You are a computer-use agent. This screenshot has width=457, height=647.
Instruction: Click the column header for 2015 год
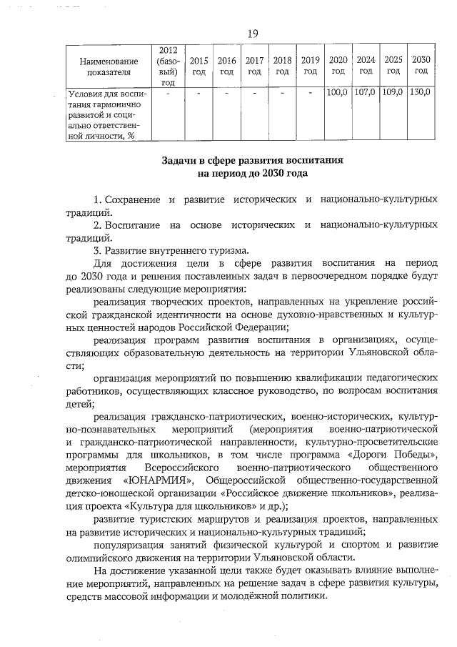click(199, 66)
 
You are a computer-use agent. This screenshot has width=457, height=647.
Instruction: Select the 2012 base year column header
click(168, 66)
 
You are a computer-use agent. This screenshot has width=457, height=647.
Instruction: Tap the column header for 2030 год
click(421, 66)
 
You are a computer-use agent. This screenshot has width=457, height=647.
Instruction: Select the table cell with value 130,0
click(421, 93)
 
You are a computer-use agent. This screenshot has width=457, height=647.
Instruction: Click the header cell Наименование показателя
click(109, 66)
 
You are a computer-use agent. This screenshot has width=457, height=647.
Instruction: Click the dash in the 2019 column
click(310, 93)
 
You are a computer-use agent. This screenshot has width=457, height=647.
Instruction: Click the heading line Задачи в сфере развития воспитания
click(252, 161)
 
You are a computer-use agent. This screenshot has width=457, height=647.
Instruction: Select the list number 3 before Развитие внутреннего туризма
click(97, 251)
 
